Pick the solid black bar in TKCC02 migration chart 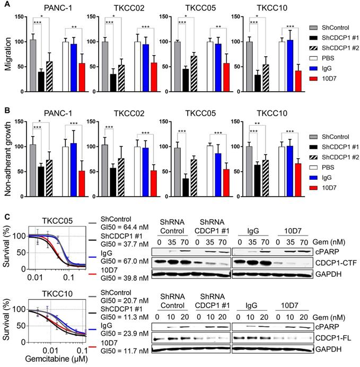113,83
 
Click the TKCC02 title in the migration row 126,9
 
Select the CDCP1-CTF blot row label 333,261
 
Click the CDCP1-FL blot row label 331,338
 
